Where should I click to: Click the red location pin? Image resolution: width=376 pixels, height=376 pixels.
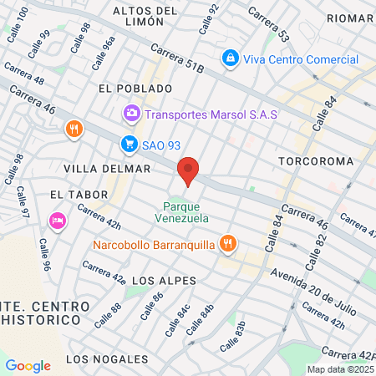(188, 171)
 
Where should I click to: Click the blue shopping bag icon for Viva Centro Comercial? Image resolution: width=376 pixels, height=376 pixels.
(229, 59)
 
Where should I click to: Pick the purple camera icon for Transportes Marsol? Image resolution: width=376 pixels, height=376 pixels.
(131, 113)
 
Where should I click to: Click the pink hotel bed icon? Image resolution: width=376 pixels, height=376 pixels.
(58, 221)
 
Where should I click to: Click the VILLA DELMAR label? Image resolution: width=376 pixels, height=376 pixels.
(112, 168)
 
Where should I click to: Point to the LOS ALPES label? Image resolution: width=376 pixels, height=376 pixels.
(158, 281)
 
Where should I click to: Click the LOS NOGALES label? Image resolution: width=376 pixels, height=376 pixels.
(107, 359)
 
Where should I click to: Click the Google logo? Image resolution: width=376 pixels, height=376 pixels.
(28, 365)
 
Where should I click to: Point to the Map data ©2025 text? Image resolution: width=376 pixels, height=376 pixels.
(339, 369)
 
